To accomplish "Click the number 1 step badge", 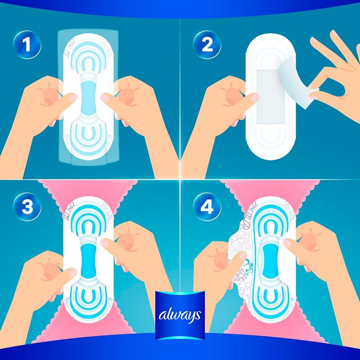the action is click(27, 45).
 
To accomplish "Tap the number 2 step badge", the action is click(207, 45).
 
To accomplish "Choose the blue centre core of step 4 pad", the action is click(270, 260).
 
